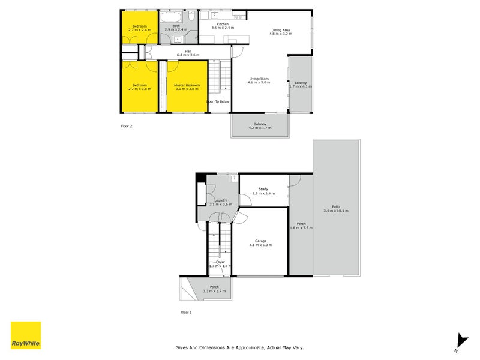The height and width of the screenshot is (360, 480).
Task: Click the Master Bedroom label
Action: pyautogui.click(x=187, y=85)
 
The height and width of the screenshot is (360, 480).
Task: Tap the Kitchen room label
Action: pyautogui.click(x=223, y=24)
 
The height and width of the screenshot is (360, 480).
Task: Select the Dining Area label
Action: pyautogui.click(x=281, y=30)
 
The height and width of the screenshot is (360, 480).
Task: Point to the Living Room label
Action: pyautogui.click(x=259, y=79)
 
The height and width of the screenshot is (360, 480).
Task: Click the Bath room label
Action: pyautogui.click(x=176, y=26)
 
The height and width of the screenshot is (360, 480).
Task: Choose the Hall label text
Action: pyautogui.click(x=188, y=51)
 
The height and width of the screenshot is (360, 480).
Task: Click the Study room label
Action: pyautogui.click(x=263, y=189)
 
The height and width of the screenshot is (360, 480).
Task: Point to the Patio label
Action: pyautogui.click(x=335, y=207)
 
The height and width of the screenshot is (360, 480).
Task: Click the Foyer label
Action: pyautogui.click(x=220, y=262)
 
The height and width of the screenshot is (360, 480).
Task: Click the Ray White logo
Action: pyautogui.click(x=26, y=335)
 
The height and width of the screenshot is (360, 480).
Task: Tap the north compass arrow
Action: pyautogui.click(x=460, y=340)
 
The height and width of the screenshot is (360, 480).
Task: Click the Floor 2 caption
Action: pyautogui.click(x=127, y=127)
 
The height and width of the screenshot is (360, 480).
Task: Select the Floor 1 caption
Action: pyautogui.click(x=187, y=313)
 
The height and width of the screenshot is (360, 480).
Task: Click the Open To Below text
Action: pyautogui.click(x=218, y=101)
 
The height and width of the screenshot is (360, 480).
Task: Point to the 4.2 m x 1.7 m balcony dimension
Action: pyautogui.click(x=260, y=128)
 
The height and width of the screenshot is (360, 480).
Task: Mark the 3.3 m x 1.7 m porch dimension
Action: pyautogui.click(x=214, y=290)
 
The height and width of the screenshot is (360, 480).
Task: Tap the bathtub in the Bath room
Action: pyautogui.click(x=173, y=17)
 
